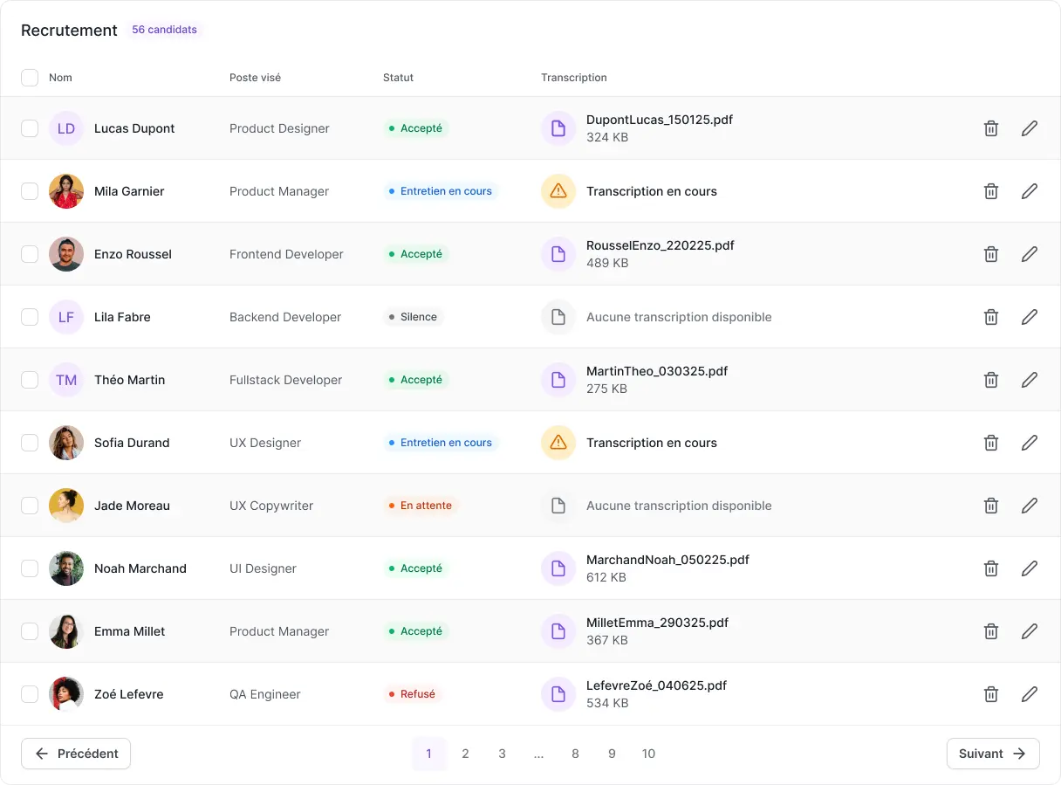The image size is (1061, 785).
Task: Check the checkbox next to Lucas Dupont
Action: pyautogui.click(x=30, y=128)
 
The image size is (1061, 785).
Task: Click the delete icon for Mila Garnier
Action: pyautogui.click(x=990, y=191)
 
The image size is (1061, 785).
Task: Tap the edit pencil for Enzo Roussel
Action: pyautogui.click(x=1029, y=254)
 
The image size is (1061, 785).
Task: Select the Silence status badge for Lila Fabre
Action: pyautogui.click(x=414, y=317)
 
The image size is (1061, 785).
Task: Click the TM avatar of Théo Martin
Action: pyautogui.click(x=66, y=380)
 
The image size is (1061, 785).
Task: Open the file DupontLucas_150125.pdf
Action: pyautogui.click(x=659, y=120)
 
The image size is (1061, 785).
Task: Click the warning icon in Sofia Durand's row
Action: pyautogui.click(x=558, y=443)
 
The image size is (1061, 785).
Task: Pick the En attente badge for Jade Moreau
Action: pyautogui.click(x=421, y=506)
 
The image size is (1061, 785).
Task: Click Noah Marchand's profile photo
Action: pyautogui.click(x=66, y=568)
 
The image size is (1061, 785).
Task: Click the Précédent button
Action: pyautogui.click(x=76, y=754)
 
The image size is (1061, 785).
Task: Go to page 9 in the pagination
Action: pyautogui.click(x=612, y=754)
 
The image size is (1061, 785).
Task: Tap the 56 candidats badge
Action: pyautogui.click(x=164, y=30)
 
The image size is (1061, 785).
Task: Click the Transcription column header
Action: pyautogui.click(x=573, y=78)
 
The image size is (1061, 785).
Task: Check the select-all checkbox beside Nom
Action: pyautogui.click(x=30, y=78)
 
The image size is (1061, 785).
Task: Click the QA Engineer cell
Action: pyautogui.click(x=264, y=694)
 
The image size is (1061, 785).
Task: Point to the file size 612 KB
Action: pyautogui.click(x=606, y=577)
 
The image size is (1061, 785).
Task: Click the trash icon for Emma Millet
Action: pyautogui.click(x=990, y=631)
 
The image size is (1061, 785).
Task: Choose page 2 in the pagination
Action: pyautogui.click(x=465, y=754)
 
